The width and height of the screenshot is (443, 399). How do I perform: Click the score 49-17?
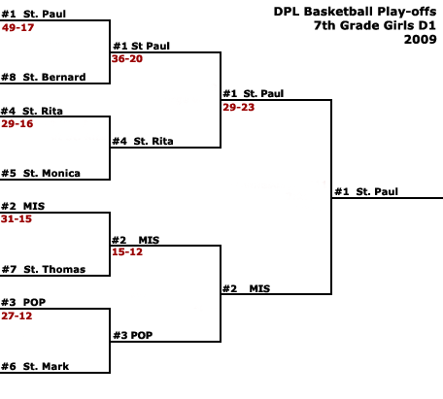[17, 27]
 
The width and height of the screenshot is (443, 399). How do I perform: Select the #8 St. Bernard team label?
[44, 77]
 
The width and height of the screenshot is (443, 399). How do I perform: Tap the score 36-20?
[127, 58]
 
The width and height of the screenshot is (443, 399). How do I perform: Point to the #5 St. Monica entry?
[41, 173]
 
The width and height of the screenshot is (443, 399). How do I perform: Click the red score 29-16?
[17, 123]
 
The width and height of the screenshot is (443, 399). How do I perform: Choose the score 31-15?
[17, 218]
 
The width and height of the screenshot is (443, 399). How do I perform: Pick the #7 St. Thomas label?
[44, 269]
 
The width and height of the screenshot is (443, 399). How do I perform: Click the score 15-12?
[127, 251]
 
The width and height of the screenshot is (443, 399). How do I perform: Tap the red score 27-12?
[17, 316]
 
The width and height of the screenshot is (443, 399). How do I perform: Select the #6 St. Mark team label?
[35, 366]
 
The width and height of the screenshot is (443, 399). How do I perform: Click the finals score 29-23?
[238, 107]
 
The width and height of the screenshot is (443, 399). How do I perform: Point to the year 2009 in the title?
[421, 40]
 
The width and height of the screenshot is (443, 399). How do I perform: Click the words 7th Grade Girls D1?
[375, 25]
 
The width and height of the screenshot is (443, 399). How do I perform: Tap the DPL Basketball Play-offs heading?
[355, 12]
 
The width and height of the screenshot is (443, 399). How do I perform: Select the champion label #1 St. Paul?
[366, 191]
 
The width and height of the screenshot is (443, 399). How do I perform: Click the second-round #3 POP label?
[133, 335]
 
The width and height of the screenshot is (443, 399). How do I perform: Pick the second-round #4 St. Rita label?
[143, 141]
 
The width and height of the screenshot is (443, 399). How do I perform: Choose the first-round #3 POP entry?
[23, 302]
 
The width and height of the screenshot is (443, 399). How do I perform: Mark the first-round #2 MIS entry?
[23, 206]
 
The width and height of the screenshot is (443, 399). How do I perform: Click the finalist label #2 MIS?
[246, 288]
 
